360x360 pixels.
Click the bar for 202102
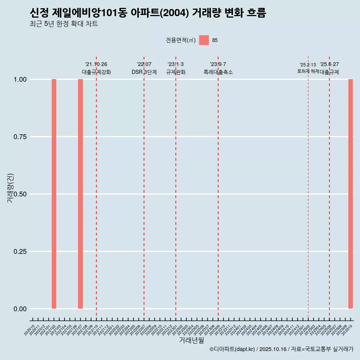click(54, 194)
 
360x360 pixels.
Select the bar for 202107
click(80, 194)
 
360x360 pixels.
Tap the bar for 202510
click(351, 194)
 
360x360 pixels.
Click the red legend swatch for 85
click(204, 40)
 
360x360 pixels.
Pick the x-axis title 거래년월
click(191, 340)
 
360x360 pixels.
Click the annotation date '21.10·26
click(96, 64)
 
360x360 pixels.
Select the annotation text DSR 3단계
click(144, 72)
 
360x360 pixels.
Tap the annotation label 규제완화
click(176, 72)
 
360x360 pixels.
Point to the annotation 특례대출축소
click(218, 72)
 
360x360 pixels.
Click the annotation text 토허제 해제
click(308, 71)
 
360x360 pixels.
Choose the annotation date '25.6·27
click(329, 64)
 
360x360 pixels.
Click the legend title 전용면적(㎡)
click(181, 40)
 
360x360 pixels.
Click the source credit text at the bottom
click(281, 349)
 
